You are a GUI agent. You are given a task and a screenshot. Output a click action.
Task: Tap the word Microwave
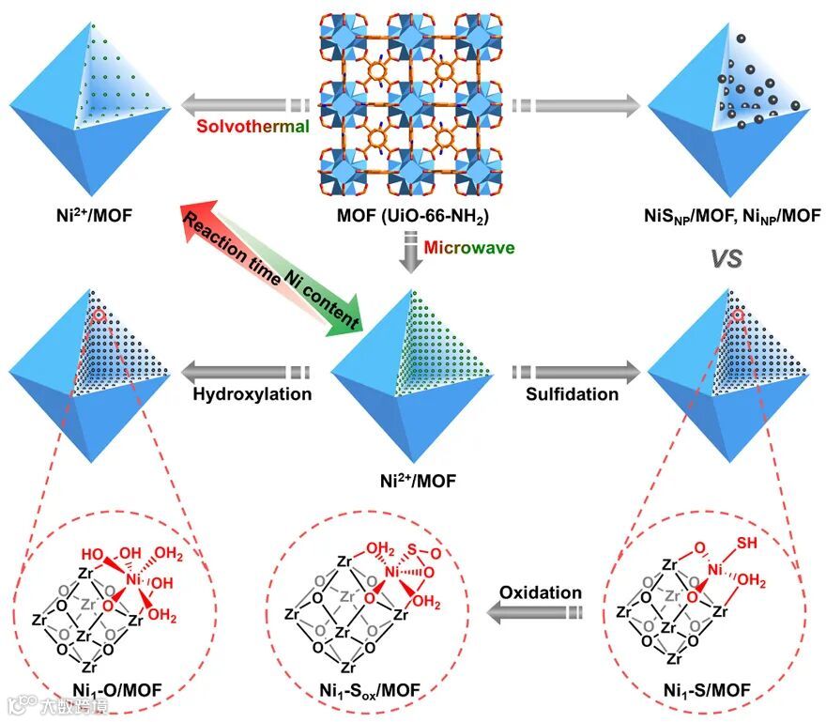pos(467,248)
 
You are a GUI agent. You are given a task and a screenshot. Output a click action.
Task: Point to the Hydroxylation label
pos(252,394)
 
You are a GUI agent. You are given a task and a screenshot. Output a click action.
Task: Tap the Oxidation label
pos(541,593)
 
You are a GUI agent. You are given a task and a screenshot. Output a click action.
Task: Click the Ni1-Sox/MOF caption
pos(365,692)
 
